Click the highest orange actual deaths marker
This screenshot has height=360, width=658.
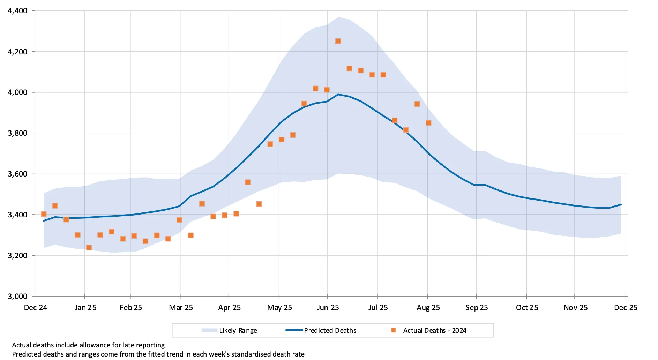[x=338, y=41]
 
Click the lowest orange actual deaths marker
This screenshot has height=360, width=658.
[x=89, y=247]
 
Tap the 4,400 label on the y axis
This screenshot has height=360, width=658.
[x=17, y=11]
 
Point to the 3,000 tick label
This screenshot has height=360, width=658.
[x=17, y=296]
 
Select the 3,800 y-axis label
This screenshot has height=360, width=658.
[x=17, y=133]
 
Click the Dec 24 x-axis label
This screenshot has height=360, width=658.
[x=36, y=307]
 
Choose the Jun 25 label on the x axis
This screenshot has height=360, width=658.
[x=328, y=307]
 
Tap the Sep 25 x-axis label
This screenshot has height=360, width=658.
[x=476, y=307]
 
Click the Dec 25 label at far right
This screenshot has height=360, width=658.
[x=625, y=307]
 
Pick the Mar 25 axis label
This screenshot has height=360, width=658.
[x=181, y=307]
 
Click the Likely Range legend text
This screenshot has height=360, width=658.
[x=238, y=330]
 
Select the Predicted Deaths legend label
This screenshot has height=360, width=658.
[x=330, y=330]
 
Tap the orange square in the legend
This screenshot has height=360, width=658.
[x=393, y=330]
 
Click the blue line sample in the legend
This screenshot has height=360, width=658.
[x=294, y=330]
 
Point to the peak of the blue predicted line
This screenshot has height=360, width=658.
[x=338, y=94]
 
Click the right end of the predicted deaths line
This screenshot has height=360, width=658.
[x=621, y=204]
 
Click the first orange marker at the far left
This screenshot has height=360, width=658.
[x=44, y=214]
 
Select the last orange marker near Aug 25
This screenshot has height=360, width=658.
[x=428, y=123]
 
